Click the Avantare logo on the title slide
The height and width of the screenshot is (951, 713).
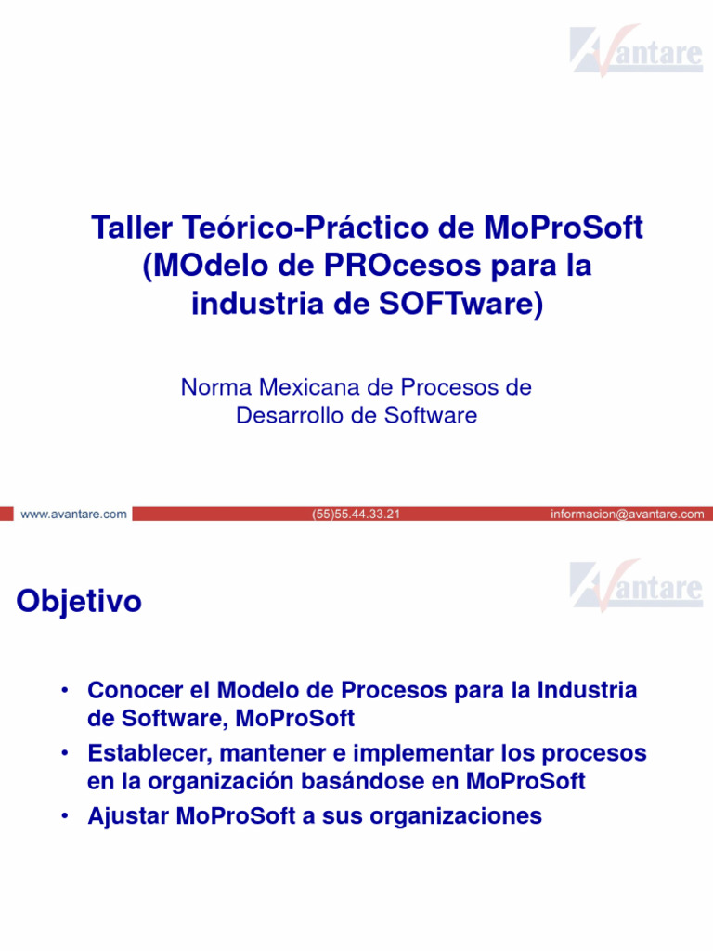[x=637, y=50]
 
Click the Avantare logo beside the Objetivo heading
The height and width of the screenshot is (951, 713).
[x=637, y=585]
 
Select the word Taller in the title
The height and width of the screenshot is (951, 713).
[x=125, y=228]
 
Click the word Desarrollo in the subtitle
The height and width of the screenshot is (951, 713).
[x=290, y=415]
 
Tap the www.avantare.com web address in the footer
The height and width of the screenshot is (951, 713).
[x=73, y=514]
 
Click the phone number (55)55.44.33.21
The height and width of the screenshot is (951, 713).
[x=356, y=514]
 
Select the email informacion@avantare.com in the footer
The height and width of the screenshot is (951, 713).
[x=627, y=514]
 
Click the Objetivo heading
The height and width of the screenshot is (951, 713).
[x=79, y=602]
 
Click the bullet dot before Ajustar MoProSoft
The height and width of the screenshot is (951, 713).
[x=64, y=816]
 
